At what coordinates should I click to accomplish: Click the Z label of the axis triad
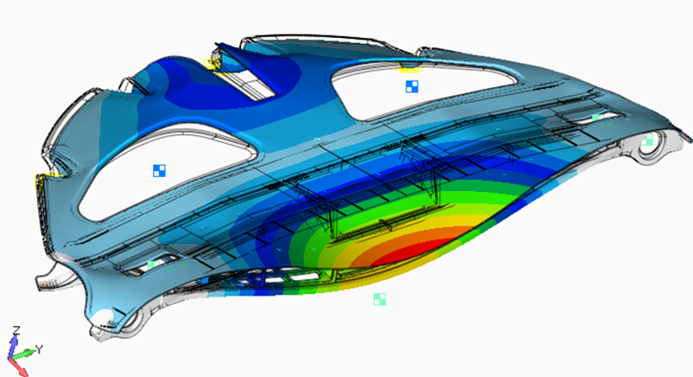pyautogui.click(x=16, y=330)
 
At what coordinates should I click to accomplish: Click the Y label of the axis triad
pyautogui.click(x=39, y=349)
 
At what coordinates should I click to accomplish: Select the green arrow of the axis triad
pyautogui.click(x=24, y=354)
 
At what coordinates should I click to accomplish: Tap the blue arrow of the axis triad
pyautogui.click(x=14, y=345)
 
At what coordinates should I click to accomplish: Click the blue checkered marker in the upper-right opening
pyautogui.click(x=412, y=87)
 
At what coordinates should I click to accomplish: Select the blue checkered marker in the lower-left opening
pyautogui.click(x=159, y=171)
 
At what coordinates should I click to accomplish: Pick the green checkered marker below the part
pyautogui.click(x=380, y=299)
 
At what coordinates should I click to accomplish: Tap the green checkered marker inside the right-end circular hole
pyautogui.click(x=648, y=141)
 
